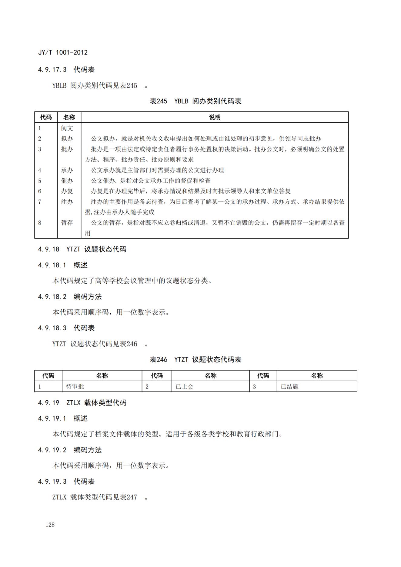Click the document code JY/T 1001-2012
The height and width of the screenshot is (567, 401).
[63, 52]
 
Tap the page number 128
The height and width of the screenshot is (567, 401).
[50, 525]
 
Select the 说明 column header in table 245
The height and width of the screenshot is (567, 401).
[215, 117]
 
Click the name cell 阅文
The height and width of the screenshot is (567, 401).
[67, 128]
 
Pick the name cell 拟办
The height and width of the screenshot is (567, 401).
[67, 139]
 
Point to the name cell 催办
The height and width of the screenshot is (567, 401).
[67, 181]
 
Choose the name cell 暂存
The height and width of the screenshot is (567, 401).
[67, 223]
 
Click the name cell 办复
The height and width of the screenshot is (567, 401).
[67, 191]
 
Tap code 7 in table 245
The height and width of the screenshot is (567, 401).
[40, 202]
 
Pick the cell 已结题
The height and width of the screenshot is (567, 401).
[290, 387]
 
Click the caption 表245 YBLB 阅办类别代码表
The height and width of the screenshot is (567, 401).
[195, 101]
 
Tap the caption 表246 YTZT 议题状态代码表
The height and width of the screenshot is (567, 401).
[195, 360]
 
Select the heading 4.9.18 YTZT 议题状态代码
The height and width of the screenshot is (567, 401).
[82, 249]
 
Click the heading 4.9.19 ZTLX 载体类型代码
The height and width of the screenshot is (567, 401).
[82, 403]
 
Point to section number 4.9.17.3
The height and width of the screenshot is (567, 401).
[52, 70]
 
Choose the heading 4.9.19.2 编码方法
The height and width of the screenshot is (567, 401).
[70, 450]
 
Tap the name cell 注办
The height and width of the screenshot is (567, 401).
[67, 202]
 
